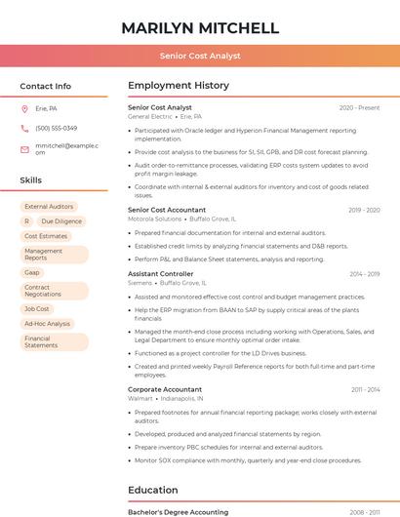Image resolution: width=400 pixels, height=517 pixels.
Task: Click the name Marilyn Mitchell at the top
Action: [x=200, y=27]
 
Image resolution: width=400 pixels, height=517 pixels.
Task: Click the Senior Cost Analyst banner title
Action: [x=200, y=57]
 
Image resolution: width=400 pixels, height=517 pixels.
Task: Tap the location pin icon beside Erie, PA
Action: [x=24, y=109]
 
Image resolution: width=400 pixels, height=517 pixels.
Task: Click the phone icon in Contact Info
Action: [x=24, y=128]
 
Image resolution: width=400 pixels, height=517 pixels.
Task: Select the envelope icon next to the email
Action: [x=24, y=148]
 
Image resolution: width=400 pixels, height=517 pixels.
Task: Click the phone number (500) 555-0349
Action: [x=56, y=128]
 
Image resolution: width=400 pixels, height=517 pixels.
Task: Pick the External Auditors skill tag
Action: [x=49, y=207]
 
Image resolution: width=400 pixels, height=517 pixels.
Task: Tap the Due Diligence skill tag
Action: [x=61, y=221]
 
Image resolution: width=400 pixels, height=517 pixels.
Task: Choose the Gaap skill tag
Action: [x=32, y=272]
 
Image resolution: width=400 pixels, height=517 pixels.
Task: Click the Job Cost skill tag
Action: [x=36, y=308]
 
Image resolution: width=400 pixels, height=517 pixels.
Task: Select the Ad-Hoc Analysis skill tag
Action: [x=47, y=323]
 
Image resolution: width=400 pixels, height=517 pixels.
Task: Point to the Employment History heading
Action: [x=179, y=86]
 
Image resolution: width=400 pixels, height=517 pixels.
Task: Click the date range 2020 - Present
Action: [x=359, y=107]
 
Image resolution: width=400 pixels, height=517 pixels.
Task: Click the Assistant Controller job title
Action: [x=161, y=274]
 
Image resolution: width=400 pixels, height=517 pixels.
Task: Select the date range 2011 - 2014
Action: [x=365, y=389]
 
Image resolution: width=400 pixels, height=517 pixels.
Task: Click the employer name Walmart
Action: [x=140, y=398]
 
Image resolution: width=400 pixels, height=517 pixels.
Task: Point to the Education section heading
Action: [x=153, y=490]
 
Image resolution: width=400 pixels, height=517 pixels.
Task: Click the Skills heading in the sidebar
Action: [x=31, y=180]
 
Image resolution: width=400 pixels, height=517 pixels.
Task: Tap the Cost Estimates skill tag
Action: [x=46, y=236]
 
